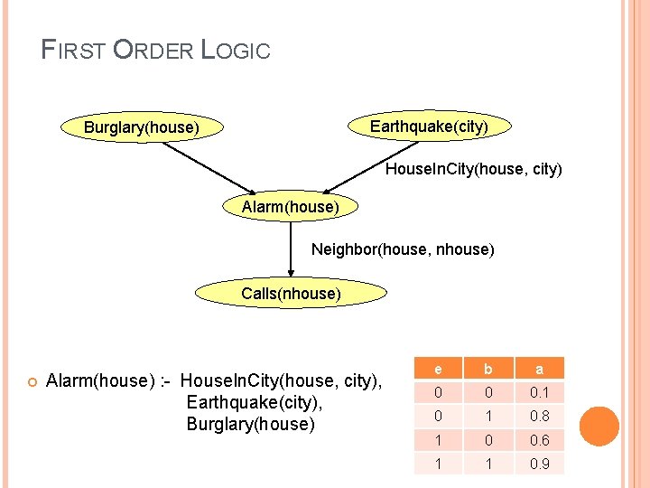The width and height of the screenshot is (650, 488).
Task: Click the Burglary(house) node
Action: point(141,127)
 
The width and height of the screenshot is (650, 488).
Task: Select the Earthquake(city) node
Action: point(429,127)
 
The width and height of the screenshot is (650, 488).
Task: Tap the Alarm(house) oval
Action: point(291,208)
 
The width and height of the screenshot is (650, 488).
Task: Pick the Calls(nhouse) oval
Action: point(291,294)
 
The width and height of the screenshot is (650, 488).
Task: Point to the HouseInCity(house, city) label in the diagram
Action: point(473,169)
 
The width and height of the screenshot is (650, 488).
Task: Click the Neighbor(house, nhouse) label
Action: point(403,248)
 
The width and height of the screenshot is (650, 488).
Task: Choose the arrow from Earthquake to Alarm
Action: point(361,168)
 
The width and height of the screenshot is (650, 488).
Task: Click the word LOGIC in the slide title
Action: point(237,51)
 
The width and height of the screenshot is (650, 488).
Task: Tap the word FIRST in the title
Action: point(75,51)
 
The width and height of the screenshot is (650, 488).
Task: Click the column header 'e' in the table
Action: point(438,369)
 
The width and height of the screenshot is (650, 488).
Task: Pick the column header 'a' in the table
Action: point(539,369)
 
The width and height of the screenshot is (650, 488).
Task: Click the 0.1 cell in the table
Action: point(539,392)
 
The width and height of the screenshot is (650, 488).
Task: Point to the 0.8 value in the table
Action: point(539,417)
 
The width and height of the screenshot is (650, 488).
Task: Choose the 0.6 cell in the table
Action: point(539,440)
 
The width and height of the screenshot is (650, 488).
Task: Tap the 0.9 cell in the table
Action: point(539,465)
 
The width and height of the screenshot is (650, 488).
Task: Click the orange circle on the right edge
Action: point(599,427)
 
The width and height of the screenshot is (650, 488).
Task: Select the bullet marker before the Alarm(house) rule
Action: point(31,381)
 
